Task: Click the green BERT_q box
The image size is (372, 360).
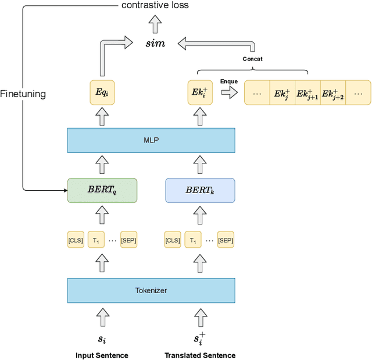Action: pos(102,190)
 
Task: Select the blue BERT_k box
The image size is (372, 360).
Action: pos(200,190)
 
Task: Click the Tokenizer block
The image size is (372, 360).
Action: pos(151,290)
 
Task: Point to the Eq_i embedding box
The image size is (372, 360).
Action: pos(102,92)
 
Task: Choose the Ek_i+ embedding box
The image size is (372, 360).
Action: pos(200,92)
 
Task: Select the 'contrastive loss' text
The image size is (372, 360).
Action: pos(155,5)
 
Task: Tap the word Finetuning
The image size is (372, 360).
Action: pos(23,94)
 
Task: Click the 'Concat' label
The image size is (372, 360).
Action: pos(252,59)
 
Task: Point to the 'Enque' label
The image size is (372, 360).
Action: pos(228,81)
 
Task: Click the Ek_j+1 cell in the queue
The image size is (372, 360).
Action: pos(307,93)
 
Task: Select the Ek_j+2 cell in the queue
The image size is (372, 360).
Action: pos(333,93)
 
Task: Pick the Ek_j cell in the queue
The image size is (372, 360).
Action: pos(282,93)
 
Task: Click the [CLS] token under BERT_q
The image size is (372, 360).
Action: pos(76,240)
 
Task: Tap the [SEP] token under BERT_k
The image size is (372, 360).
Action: pos(226,240)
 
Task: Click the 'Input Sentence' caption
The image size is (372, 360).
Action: pos(102,355)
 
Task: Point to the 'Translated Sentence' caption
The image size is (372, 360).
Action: pos(200,355)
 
